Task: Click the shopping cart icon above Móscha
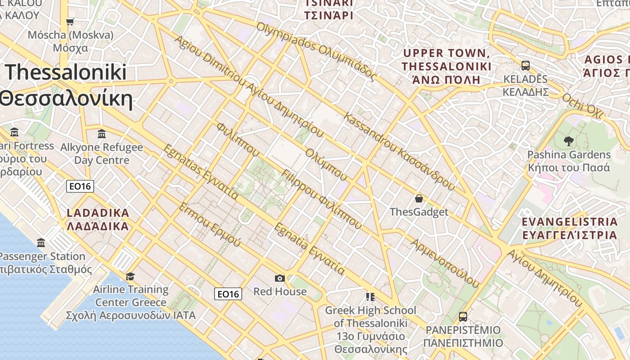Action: (70, 22)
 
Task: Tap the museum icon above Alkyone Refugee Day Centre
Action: (102, 134)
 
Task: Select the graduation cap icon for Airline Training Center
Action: (130, 276)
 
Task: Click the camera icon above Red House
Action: (280, 278)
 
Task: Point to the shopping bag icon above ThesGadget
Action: (419, 198)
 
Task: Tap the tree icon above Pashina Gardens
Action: (569, 141)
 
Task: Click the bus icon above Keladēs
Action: (526, 66)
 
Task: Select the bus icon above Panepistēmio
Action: (463, 316)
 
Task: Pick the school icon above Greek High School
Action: (370, 297)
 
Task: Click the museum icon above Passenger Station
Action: (41, 243)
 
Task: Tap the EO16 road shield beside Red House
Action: (228, 294)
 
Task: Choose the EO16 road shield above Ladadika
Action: (80, 186)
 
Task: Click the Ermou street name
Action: (210, 225)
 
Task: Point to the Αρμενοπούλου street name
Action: (445, 263)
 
